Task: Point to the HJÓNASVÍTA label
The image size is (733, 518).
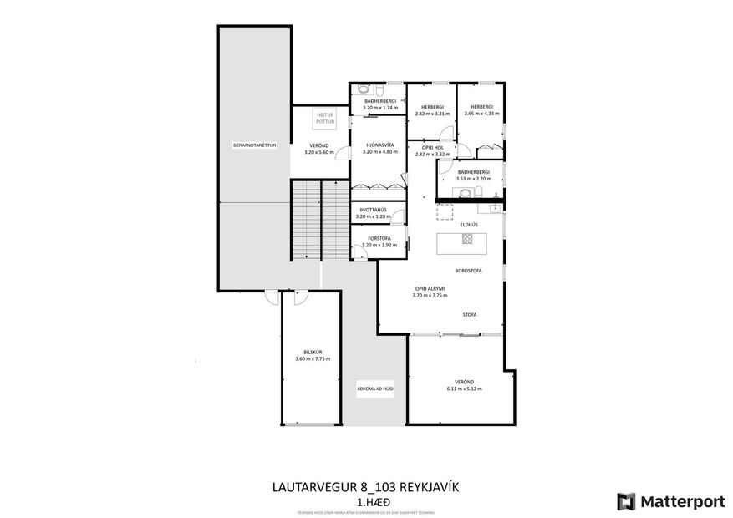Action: click(x=378, y=145)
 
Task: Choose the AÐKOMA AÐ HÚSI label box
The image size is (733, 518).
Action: click(x=375, y=389)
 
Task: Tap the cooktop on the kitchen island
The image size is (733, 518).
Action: click(x=467, y=239)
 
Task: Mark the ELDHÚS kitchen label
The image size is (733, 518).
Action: click(x=468, y=224)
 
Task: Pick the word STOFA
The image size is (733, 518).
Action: click(x=469, y=314)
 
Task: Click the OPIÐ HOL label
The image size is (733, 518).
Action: click(x=432, y=148)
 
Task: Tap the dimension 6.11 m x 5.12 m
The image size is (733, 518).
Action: click(x=465, y=388)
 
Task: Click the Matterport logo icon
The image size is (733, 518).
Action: click(x=625, y=501)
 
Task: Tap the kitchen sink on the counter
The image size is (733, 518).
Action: click(x=495, y=206)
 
